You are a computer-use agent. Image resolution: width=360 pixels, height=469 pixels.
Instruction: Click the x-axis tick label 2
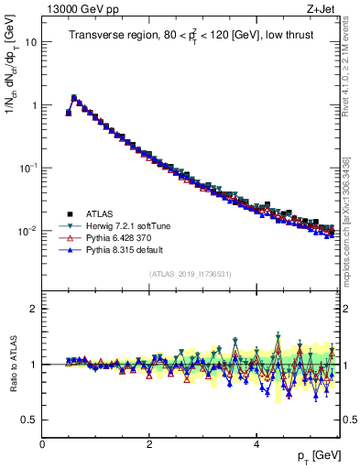149,444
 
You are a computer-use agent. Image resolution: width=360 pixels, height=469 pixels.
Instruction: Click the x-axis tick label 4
256,444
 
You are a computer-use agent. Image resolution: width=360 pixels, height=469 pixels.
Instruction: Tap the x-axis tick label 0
43,444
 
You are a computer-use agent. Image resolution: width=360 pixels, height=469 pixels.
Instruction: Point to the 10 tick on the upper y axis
30,42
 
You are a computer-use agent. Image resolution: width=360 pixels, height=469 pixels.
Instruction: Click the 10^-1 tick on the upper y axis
27,168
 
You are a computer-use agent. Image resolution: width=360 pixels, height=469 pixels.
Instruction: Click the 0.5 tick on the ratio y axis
29,420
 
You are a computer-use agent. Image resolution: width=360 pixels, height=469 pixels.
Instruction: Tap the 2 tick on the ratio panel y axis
34,309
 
